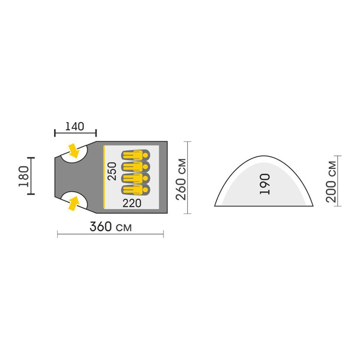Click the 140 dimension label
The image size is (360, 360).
(75, 126)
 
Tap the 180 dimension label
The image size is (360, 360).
(24, 176)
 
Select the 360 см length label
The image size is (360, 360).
(111, 227)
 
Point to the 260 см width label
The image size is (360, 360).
(181, 179)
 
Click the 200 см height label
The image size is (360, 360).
(331, 182)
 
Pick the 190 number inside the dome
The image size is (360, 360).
(265, 184)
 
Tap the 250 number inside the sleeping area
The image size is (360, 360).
(112, 171)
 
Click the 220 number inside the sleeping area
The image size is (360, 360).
(132, 203)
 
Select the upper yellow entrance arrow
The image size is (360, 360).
(74, 151)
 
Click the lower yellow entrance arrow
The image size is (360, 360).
(74, 203)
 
